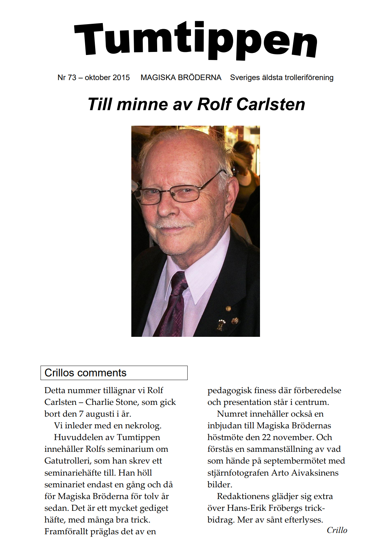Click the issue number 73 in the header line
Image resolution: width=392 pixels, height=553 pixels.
[72, 78]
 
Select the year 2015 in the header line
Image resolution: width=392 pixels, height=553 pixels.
[121, 78]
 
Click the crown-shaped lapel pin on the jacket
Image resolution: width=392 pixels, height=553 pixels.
[221, 324]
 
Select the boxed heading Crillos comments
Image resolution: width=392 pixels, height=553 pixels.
[85, 373]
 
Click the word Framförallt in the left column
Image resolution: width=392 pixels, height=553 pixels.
[66, 532]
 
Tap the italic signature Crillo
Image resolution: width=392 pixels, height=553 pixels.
[337, 530]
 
